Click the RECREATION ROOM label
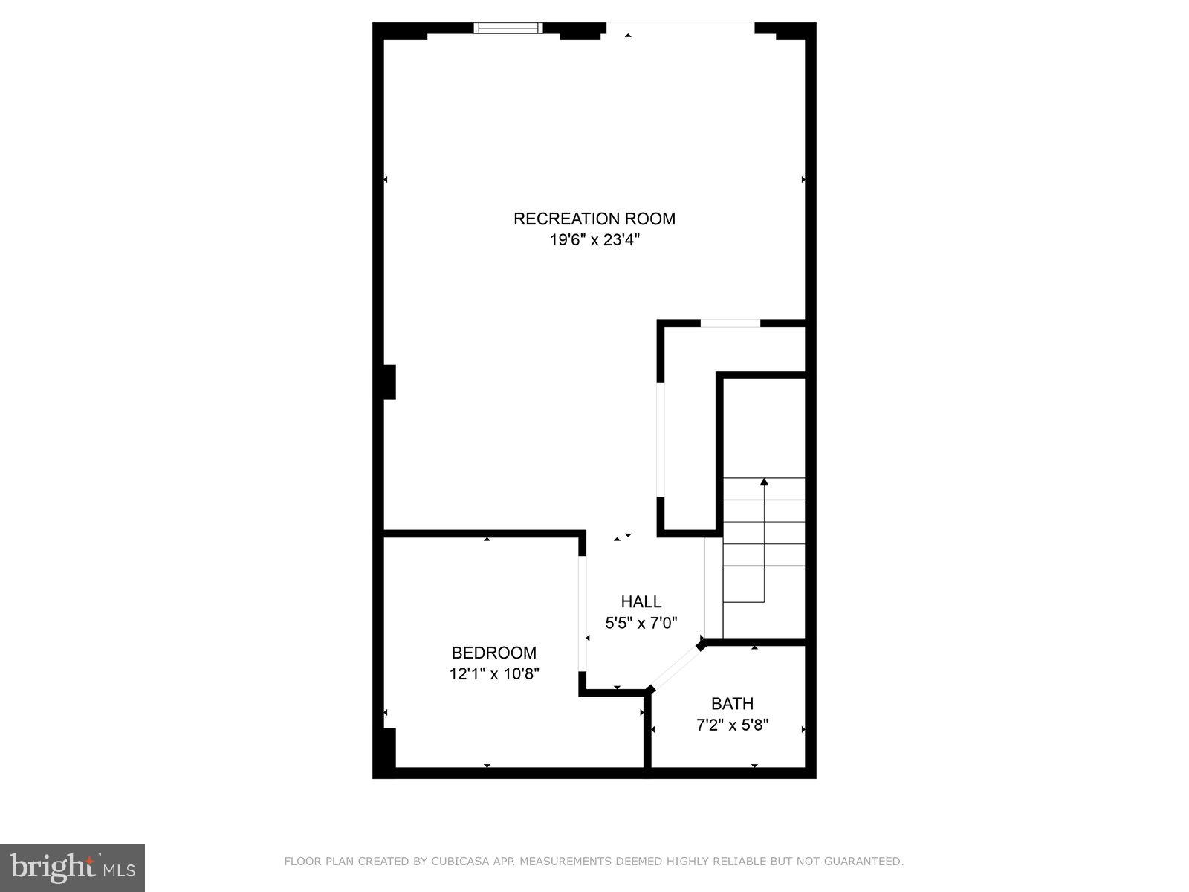pos(594,219)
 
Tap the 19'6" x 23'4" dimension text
pos(594,240)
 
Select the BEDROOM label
pos(493,653)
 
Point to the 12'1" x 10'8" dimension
pos(493,674)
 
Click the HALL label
pos(641,601)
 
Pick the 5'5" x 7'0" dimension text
pos(641,623)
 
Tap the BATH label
pos(732,703)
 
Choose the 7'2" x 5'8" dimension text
pos(732,725)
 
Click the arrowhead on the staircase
pos(764,482)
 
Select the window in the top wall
pos(508,28)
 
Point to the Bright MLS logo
pos(72,867)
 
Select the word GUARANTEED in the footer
pos(865,862)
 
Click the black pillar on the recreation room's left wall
pos(389,382)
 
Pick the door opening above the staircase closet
pos(730,323)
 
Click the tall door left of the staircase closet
pos(660,439)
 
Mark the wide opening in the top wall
pos(680,28)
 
